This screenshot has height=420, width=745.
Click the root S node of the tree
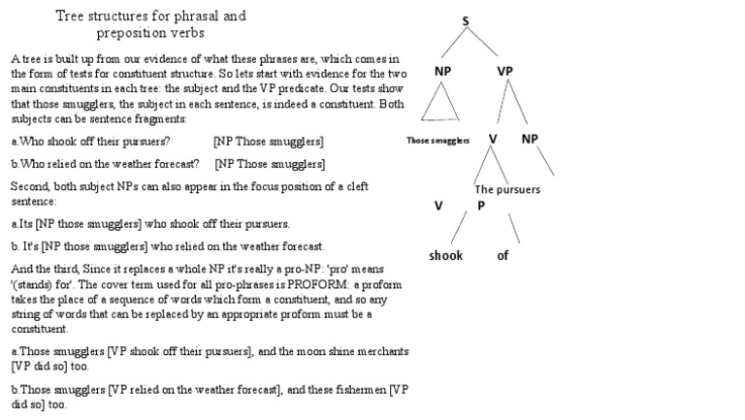click(x=466, y=20)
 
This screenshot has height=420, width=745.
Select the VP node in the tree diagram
click(x=504, y=71)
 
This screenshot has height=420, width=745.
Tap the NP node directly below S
click(x=442, y=71)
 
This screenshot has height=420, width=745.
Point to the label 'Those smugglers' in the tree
click(x=437, y=141)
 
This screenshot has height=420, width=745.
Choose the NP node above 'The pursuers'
click(x=530, y=139)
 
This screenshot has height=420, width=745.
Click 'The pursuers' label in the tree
click(x=507, y=189)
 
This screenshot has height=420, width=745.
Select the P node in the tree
click(x=480, y=206)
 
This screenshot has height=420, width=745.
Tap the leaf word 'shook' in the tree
click(x=446, y=256)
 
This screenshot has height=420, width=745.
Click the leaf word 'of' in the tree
click(x=502, y=256)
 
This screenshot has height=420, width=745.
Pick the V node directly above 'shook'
click(x=438, y=206)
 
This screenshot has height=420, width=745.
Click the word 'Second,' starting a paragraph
click(x=30, y=186)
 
